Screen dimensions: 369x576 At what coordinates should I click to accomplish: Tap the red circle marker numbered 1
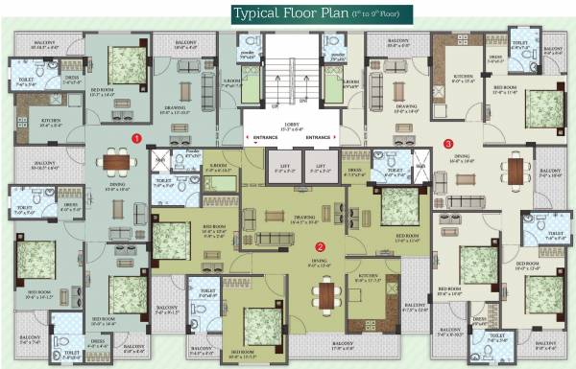coord(137,138)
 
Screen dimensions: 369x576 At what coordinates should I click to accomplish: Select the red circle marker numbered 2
coord(321,244)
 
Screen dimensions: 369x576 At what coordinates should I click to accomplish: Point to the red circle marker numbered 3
coord(448,144)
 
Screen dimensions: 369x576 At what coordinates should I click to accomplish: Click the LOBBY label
coord(288,125)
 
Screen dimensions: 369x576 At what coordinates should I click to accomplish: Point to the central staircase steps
coord(288,72)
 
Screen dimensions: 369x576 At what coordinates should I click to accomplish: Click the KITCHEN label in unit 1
coord(51,122)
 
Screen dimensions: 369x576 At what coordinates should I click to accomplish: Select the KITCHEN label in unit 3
coord(463,77)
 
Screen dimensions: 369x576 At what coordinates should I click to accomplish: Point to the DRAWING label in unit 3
coord(406,108)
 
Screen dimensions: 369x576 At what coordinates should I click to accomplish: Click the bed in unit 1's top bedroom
coord(125,65)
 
